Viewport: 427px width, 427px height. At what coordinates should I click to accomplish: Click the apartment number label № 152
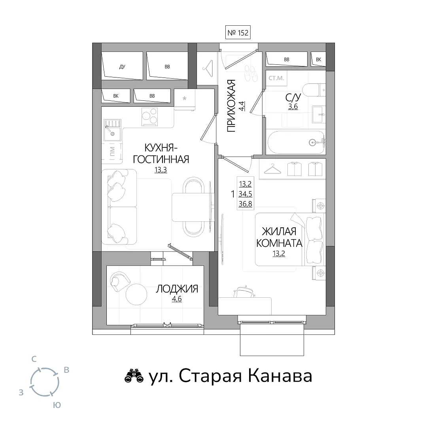coord(238,33)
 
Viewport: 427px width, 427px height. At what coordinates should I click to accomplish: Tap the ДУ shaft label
coord(122,67)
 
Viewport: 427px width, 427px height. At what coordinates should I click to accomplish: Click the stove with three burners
coord(150,117)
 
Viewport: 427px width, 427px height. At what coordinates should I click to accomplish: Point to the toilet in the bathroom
coord(314,90)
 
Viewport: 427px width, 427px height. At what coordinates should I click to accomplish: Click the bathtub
coord(296,142)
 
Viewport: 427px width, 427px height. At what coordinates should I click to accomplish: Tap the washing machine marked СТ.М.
coord(276,78)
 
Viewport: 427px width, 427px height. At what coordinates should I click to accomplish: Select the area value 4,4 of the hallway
coord(242,106)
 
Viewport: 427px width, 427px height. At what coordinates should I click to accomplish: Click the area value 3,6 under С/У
coord(293,106)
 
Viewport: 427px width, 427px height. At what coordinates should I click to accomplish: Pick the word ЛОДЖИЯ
coord(177,289)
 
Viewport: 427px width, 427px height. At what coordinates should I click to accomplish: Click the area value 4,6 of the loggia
coord(177,299)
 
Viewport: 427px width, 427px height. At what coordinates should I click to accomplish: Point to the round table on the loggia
coord(136,295)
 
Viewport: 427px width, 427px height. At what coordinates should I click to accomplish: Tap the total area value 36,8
coord(246,204)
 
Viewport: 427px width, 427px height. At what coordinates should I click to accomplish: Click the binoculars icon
coord(134,376)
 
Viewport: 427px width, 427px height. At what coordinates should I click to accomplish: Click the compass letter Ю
coord(57,405)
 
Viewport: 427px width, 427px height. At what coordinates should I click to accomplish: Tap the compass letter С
coord(34,359)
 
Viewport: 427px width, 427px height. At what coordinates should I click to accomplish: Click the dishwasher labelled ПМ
coord(112,152)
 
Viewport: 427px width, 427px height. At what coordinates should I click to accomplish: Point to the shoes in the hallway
coord(251,73)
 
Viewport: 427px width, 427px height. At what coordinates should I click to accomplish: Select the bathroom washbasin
coord(319,114)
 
